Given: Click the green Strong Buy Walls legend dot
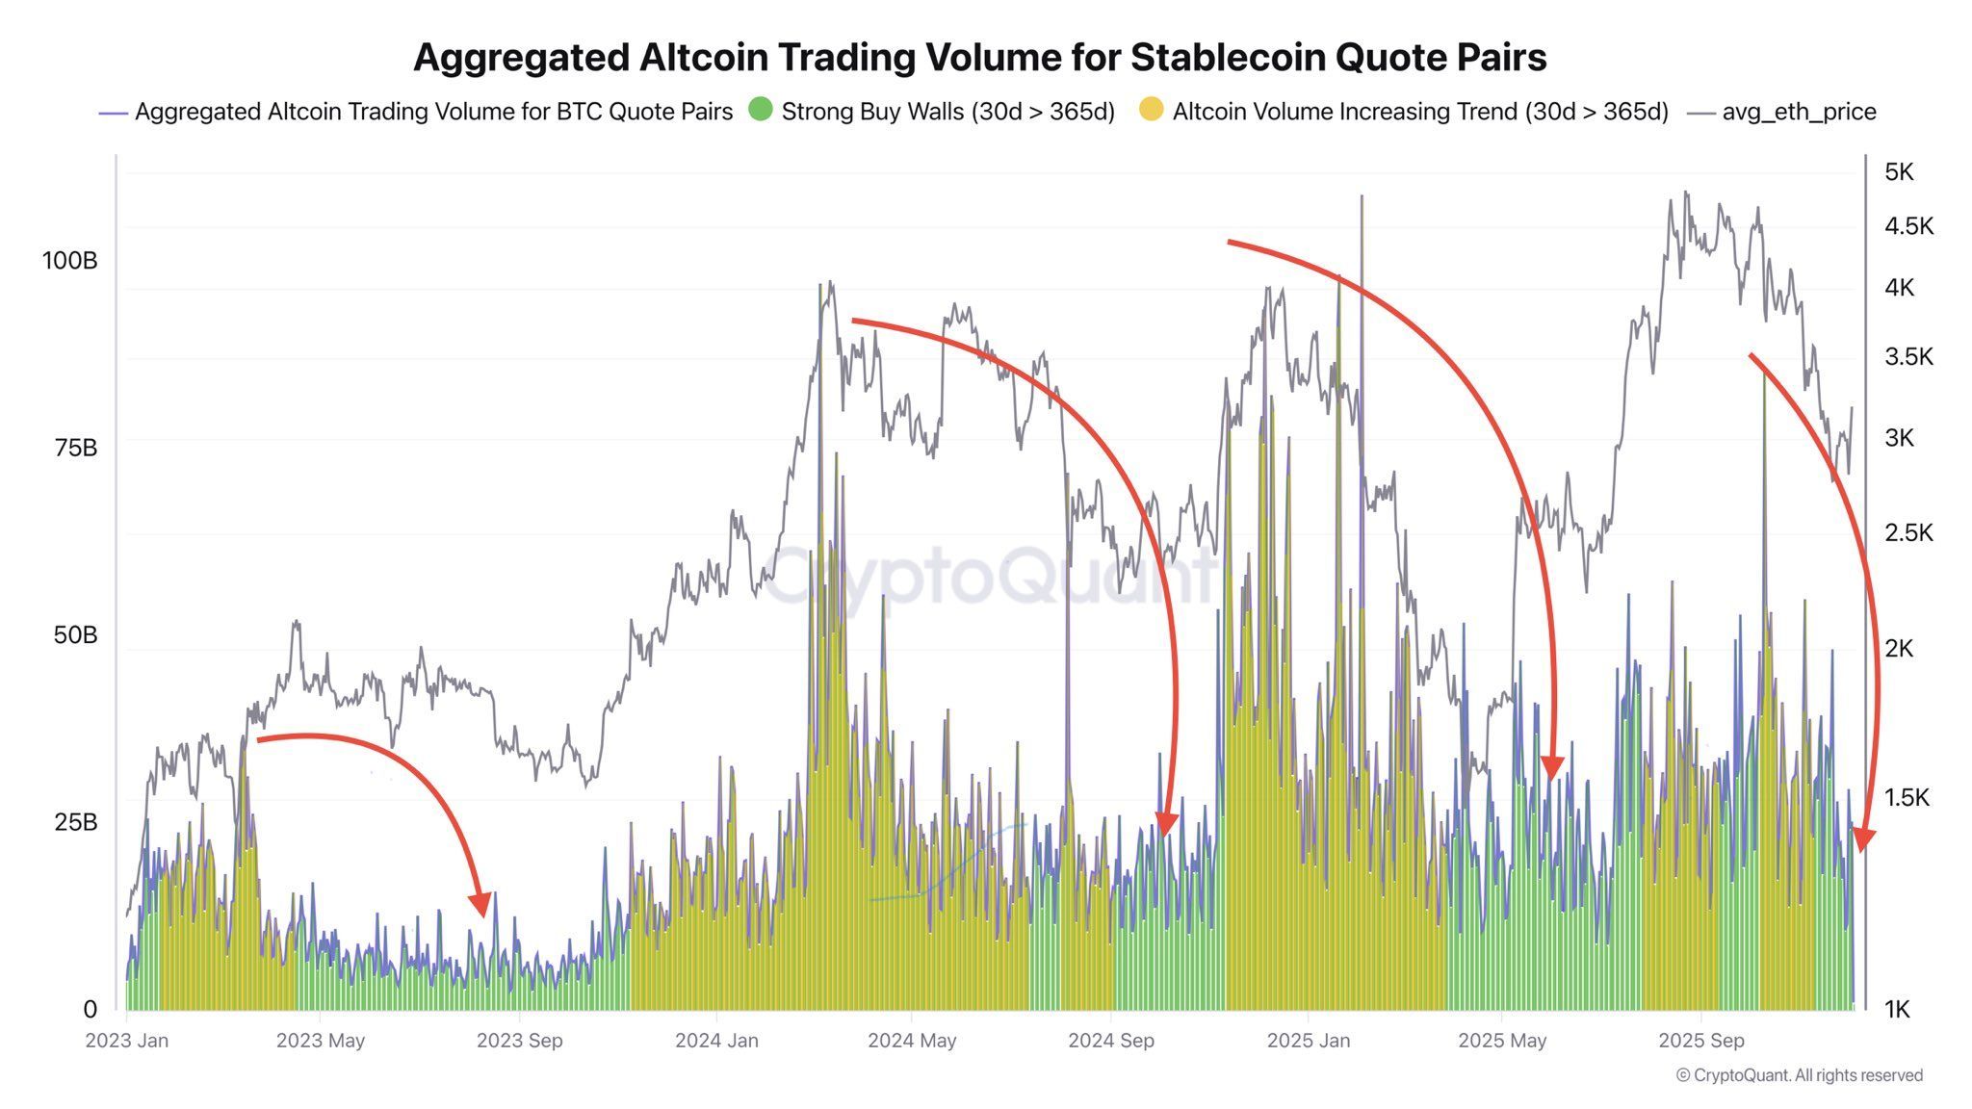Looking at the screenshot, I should pyautogui.click(x=761, y=110).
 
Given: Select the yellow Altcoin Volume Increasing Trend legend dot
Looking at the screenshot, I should pyautogui.click(x=1151, y=110).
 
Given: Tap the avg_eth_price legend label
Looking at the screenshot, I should pyautogui.click(x=1799, y=112).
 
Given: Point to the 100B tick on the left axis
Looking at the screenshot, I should pyautogui.click(x=69, y=261).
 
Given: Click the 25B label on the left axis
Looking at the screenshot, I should pyautogui.click(x=75, y=822).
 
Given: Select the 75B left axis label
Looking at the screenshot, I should pyautogui.click(x=75, y=448).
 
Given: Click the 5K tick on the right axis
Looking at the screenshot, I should pyautogui.click(x=1899, y=172).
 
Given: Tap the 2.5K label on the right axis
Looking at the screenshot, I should pyautogui.click(x=1908, y=532).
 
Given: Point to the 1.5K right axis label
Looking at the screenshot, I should pyautogui.click(x=1907, y=797).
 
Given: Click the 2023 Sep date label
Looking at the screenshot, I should pyautogui.click(x=520, y=1041).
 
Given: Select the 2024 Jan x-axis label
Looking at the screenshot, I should pyautogui.click(x=716, y=1041).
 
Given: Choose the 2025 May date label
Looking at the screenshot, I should pyautogui.click(x=1502, y=1041).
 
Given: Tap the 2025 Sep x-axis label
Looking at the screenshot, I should pyautogui.click(x=1701, y=1041).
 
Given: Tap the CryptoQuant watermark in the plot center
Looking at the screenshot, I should pyautogui.click(x=992, y=576).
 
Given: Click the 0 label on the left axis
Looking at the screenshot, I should pyautogui.click(x=90, y=1009).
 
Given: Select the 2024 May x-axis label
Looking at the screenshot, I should pyautogui.click(x=912, y=1041).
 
